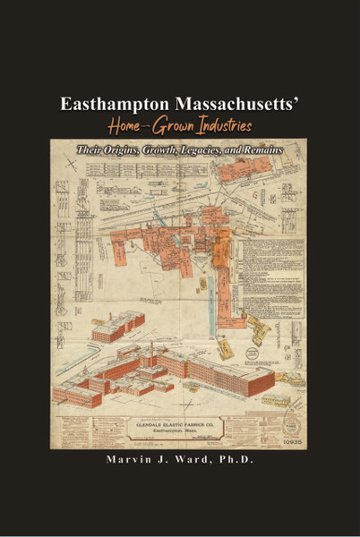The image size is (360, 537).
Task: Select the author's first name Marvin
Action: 124,461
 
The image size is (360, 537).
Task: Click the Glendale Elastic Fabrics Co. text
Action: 178,424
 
